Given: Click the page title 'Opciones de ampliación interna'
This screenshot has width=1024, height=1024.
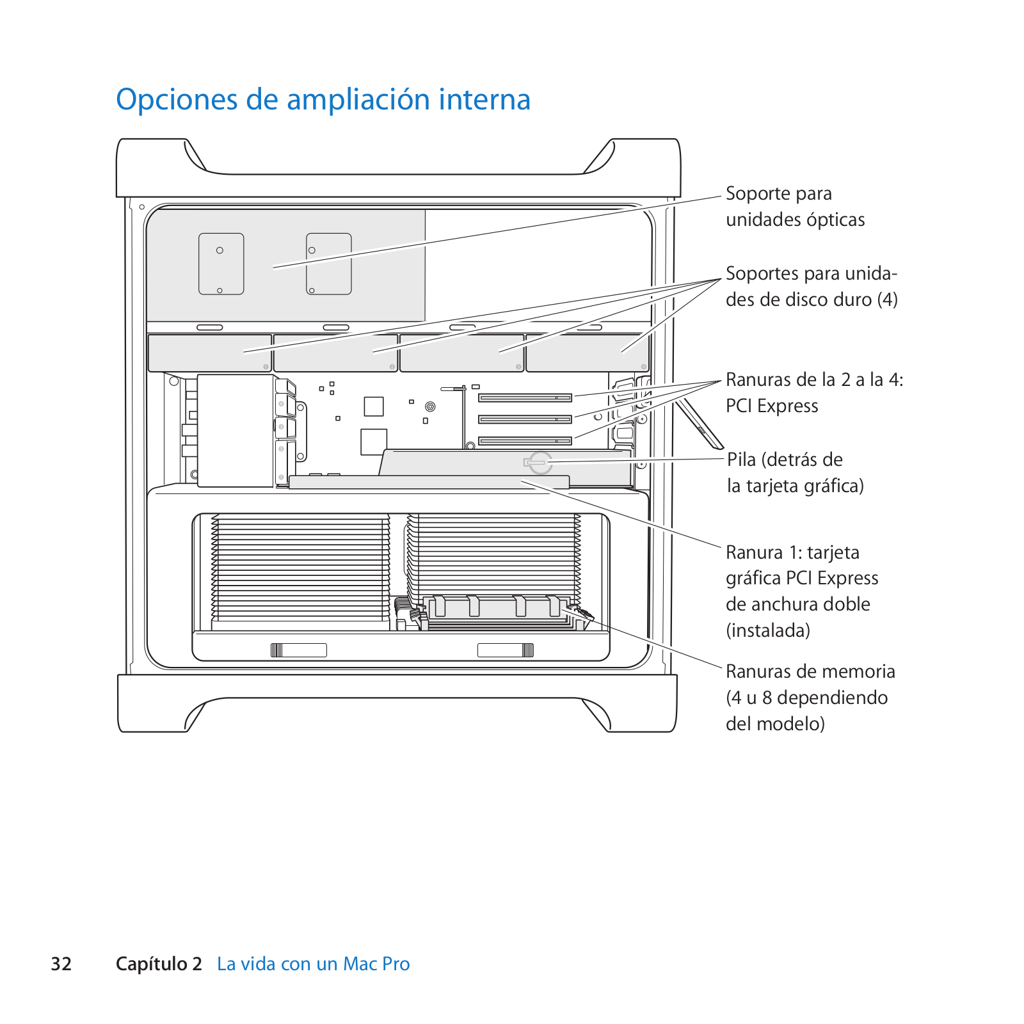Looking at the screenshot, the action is [x=323, y=100].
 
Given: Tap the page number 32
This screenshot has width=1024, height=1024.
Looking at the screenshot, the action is [x=61, y=964].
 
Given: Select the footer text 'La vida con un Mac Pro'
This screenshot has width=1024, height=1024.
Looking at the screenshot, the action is [x=313, y=964].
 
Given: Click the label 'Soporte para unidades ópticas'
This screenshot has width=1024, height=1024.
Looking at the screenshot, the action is [x=795, y=206].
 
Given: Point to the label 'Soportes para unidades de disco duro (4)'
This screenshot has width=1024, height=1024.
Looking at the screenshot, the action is [x=812, y=286].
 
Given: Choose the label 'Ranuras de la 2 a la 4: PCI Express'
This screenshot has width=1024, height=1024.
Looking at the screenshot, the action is [x=814, y=392].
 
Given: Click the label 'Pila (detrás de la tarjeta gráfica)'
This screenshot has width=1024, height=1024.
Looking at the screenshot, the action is [x=795, y=472].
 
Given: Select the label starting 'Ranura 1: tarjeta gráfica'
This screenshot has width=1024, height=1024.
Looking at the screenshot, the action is [x=801, y=591].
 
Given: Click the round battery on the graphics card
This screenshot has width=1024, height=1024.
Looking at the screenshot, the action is [x=540, y=461].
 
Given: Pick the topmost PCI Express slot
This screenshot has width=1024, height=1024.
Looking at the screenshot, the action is [x=525, y=398].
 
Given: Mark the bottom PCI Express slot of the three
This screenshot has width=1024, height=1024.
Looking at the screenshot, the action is [x=525, y=441].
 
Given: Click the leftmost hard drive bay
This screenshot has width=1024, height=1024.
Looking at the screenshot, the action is [x=210, y=353].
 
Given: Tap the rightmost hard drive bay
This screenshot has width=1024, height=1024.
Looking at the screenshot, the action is [x=588, y=353].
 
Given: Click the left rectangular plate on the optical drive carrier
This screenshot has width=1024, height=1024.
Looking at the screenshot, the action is [x=221, y=264].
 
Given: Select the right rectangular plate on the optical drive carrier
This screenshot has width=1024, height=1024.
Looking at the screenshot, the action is [x=329, y=264].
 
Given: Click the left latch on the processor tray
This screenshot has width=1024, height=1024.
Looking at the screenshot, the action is [x=298, y=650].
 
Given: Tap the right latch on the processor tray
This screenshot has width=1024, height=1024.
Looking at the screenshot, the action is [x=506, y=650].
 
